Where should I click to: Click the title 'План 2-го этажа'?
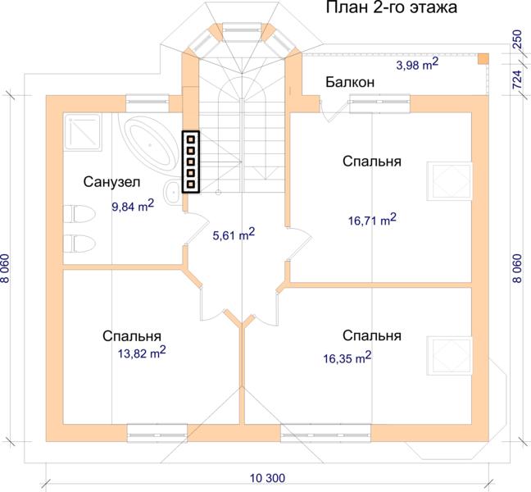[x=392, y=7]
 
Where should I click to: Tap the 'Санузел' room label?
[x=111, y=182]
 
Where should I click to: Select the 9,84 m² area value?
[x=133, y=206]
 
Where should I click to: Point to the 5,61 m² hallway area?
[x=234, y=235]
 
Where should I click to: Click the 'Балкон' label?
[x=350, y=82]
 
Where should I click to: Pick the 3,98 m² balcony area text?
[x=417, y=64]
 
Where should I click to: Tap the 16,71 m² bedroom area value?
[x=372, y=220]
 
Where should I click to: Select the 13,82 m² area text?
[x=142, y=353]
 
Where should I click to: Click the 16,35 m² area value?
[x=347, y=358]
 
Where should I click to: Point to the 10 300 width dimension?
[x=267, y=478]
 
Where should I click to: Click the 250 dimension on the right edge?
[x=518, y=40]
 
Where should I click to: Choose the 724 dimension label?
[x=518, y=80]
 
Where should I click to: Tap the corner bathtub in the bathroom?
[x=150, y=146]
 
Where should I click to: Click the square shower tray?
[x=82, y=131]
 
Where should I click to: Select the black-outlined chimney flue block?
[x=191, y=162]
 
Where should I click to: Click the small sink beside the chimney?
[x=174, y=192]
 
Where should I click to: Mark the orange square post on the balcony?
[x=483, y=58]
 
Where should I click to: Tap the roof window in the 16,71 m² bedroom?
[x=449, y=181]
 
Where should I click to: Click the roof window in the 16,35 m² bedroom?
[x=449, y=355]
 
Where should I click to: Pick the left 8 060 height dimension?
[x=6, y=269]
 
